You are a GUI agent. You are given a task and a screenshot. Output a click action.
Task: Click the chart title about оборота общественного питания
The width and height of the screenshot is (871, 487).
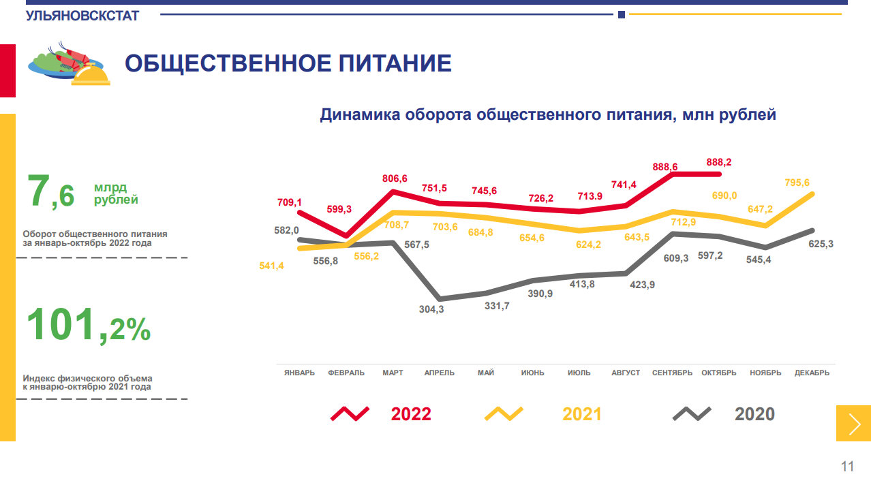tap(548, 114)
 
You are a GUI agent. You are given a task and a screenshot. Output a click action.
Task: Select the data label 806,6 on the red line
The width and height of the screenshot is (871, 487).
tap(395, 178)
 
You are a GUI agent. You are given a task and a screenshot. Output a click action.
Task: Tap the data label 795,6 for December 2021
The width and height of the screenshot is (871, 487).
tap(797, 183)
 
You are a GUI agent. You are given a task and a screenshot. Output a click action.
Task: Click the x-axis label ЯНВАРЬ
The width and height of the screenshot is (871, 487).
tap(299, 373)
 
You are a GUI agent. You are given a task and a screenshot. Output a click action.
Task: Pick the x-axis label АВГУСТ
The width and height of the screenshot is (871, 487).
tap(626, 373)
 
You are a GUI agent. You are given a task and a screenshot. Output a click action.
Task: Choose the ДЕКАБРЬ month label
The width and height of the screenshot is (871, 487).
tap(812, 373)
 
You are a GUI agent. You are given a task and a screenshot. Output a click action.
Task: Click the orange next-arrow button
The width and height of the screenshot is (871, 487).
tap(853, 424)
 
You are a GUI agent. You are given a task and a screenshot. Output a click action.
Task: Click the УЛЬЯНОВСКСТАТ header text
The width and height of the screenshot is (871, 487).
tap(82, 16)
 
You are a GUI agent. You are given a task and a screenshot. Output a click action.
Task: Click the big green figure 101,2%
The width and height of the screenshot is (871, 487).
tap(88, 326)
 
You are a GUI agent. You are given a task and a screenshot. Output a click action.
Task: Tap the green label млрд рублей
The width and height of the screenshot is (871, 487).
tap(116, 194)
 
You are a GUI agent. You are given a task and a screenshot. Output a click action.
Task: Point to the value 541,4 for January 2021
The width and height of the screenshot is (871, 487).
tap(271, 266)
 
